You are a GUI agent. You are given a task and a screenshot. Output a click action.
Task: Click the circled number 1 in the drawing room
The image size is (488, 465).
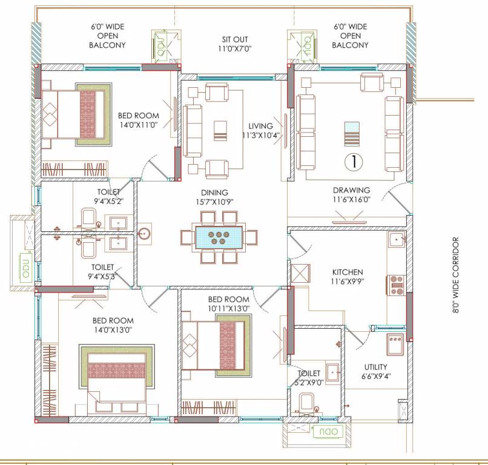tap(351, 162)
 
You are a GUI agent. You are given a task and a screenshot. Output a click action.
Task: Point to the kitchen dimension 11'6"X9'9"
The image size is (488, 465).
tap(348, 282)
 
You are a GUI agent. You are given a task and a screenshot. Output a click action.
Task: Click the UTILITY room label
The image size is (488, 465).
tap(375, 367)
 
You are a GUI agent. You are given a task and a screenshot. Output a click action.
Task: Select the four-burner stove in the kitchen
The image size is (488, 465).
tap(397, 285)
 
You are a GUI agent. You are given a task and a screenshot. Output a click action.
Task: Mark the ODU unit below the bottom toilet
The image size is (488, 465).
tap(329, 431)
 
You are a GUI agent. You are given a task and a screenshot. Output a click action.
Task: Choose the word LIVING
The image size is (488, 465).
tap(260, 126)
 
